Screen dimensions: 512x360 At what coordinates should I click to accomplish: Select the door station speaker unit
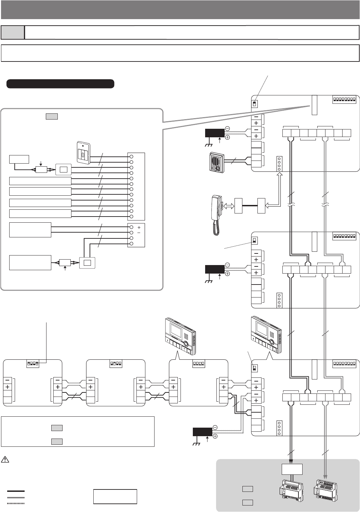coord(216,162)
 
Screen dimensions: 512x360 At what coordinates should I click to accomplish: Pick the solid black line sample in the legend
coord(16,491)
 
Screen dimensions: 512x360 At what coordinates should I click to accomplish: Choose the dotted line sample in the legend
coord(16,503)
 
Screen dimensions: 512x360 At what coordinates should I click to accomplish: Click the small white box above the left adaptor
coord(292,469)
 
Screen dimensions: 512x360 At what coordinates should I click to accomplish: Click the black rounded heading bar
coord(60,84)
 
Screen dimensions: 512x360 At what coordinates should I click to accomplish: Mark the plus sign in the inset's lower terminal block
coord(139,227)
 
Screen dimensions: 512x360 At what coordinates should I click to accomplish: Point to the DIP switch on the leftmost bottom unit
coord(33,364)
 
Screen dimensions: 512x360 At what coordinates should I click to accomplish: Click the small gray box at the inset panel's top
coord(51,116)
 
